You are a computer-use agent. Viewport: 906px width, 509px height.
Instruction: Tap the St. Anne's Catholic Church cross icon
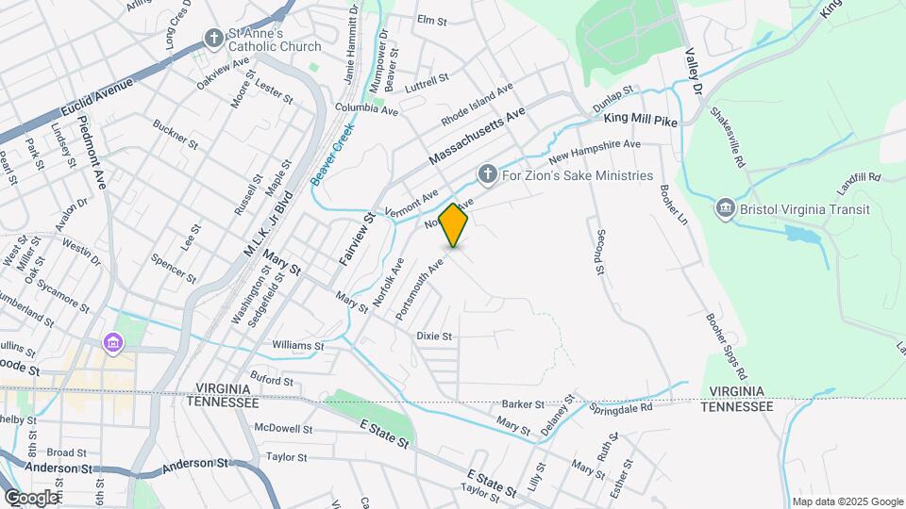pos(214,39)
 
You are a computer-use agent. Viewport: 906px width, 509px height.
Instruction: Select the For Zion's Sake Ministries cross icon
pos(487,174)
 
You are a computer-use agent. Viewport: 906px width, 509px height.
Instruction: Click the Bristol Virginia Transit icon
pos(725,208)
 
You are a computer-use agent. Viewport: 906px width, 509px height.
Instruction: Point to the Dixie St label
pos(435,336)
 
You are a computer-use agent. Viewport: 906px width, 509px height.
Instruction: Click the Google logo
pos(30,497)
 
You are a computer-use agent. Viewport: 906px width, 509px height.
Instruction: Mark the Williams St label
pos(298,346)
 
